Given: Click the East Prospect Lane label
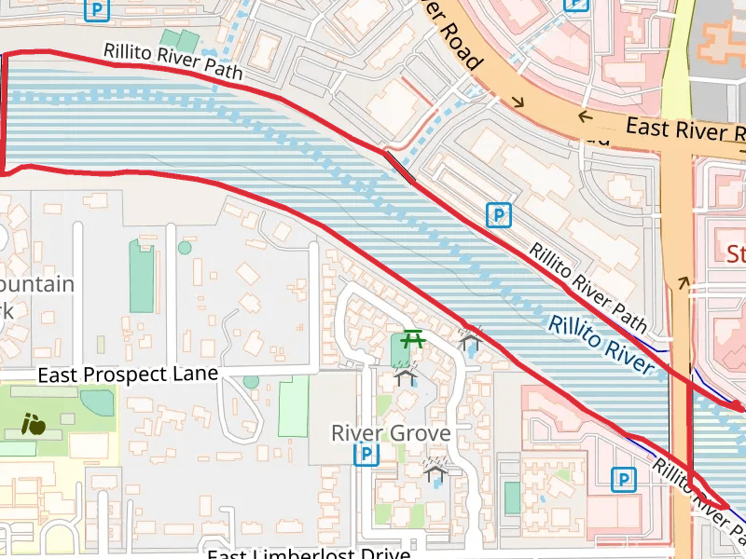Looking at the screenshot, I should (x=128, y=374).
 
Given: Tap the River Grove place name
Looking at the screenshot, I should (x=391, y=433).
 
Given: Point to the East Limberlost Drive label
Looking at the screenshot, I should (x=309, y=553).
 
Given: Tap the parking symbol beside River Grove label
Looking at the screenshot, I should (x=368, y=455).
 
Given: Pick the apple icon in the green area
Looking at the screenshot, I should (x=34, y=425).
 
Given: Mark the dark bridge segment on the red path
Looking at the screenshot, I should (x=399, y=166).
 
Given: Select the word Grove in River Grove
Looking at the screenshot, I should (x=421, y=433).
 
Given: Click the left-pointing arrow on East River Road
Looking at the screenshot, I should (x=585, y=116).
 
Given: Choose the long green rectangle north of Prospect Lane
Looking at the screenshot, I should (x=142, y=275).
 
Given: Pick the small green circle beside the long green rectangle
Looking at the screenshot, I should (x=185, y=248).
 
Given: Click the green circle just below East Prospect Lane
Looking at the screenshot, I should (x=251, y=382).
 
